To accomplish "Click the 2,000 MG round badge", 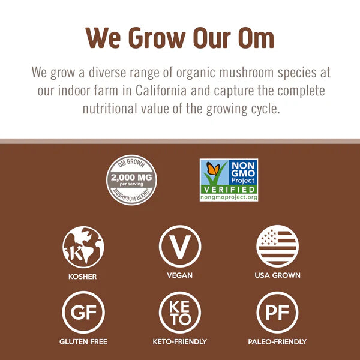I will click(131, 179).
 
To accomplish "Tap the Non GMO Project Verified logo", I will click(229, 179).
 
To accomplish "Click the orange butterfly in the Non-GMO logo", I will click(212, 170).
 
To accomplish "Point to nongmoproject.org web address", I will click(229, 197).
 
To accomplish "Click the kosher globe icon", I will click(83, 246).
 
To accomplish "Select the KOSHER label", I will click(83, 277).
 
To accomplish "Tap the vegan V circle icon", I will click(179, 246).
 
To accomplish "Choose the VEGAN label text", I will click(179, 275).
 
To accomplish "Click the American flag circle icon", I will click(277, 246).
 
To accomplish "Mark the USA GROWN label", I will click(277, 275).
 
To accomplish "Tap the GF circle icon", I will click(83, 312).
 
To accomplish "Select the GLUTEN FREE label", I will click(83, 341).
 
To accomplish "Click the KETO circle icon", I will click(179, 312).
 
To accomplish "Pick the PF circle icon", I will click(277, 312).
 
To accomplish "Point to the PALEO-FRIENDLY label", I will click(277, 341).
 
